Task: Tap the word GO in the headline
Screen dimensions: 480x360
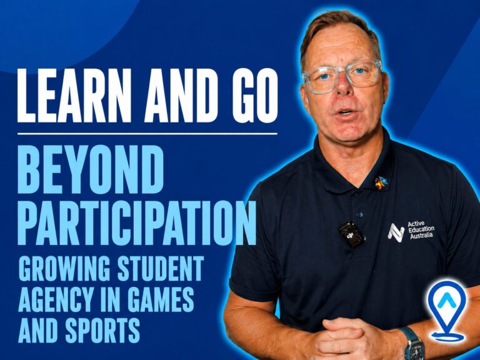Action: click(255, 96)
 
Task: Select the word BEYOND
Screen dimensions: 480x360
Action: click(91, 169)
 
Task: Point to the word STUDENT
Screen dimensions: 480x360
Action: click(161, 269)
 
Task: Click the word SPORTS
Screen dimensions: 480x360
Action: click(103, 330)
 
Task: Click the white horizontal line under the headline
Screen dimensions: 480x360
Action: click(147, 134)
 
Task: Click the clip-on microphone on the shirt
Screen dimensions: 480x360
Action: click(351, 234)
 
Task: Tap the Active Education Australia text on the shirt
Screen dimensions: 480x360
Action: click(421, 229)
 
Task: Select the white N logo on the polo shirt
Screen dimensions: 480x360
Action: click(396, 233)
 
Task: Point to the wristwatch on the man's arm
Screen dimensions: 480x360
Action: click(412, 343)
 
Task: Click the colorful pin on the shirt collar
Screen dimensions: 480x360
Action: click(381, 182)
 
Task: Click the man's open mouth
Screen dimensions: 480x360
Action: click(346, 112)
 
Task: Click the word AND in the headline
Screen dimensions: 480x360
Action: click(182, 96)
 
